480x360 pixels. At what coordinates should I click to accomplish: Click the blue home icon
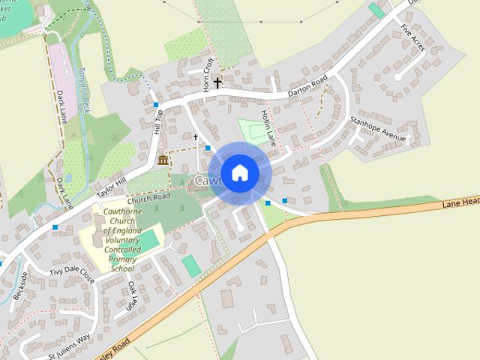click(239, 172)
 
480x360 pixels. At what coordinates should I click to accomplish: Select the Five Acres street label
click(412, 37)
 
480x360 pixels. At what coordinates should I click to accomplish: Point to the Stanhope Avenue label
click(377, 128)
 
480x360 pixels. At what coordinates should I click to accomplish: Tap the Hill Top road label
click(158, 121)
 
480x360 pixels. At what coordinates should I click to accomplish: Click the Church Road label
click(148, 198)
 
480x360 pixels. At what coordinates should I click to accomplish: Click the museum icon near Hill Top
click(163, 160)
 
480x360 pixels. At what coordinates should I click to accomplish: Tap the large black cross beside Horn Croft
click(217, 82)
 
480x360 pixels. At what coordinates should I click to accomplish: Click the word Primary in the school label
click(122, 259)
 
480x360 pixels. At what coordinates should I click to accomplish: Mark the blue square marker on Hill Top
click(156, 104)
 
